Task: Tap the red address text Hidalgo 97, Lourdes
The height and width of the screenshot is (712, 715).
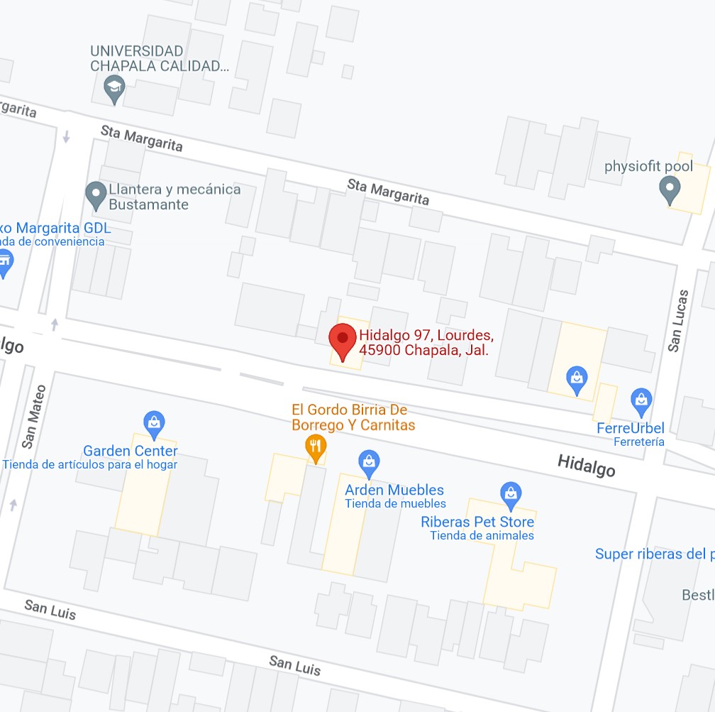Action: pos(426,335)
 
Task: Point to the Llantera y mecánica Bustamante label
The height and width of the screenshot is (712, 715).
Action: pos(174,197)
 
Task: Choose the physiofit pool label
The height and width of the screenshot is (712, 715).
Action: pos(648,167)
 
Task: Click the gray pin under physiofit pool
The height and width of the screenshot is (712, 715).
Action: pos(669,190)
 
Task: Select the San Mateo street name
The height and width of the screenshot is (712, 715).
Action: pos(34,416)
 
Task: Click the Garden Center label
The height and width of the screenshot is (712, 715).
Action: pos(131,451)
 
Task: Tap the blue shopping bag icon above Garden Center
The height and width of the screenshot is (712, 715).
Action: pos(154,424)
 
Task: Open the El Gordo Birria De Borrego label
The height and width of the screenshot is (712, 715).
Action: pos(353,417)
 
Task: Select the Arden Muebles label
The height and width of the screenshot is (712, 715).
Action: pos(394,490)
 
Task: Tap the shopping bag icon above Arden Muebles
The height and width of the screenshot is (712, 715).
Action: pos(369,463)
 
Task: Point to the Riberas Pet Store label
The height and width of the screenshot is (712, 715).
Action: pos(477,522)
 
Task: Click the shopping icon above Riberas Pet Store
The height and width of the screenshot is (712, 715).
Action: pos(510,493)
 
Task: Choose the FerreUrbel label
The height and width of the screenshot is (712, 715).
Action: pos(631,428)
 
